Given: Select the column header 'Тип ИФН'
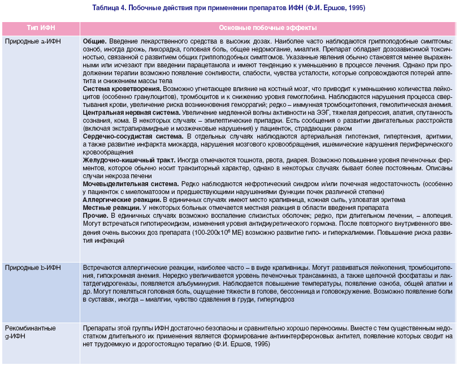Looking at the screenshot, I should (x=41, y=28).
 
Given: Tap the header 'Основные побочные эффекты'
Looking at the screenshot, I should (x=267, y=28).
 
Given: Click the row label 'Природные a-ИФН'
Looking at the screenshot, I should (x=32, y=42).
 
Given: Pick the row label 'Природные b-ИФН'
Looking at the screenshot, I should (x=32, y=267).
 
